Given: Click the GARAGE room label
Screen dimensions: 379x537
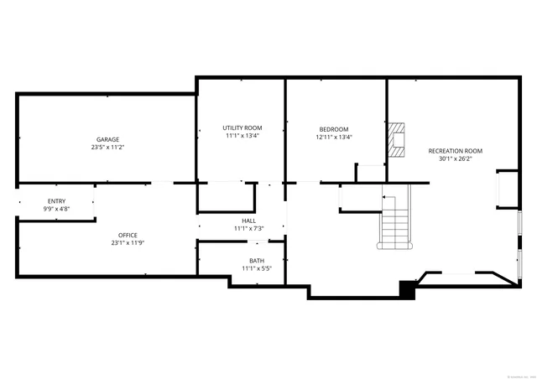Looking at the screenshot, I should pyautogui.click(x=107, y=139).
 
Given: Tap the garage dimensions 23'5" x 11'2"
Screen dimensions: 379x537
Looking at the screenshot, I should pyautogui.click(x=107, y=147).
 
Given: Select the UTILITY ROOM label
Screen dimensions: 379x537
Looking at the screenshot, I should pyautogui.click(x=242, y=127).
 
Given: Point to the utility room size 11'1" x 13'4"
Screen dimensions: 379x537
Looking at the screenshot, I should pyautogui.click(x=242, y=136).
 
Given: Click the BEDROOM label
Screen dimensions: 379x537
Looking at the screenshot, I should pyautogui.click(x=334, y=129).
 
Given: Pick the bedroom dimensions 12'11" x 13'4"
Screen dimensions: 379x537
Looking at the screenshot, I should pyautogui.click(x=334, y=138).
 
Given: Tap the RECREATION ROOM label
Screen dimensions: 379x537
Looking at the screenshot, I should pyautogui.click(x=456, y=151).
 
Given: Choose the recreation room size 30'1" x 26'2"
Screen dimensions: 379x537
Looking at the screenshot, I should pyautogui.click(x=456, y=158).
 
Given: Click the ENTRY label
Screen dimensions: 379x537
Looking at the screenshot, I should pyautogui.click(x=56, y=201).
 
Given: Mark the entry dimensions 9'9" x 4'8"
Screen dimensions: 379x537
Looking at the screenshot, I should pyautogui.click(x=56, y=209).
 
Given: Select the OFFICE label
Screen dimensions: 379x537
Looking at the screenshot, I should pyautogui.click(x=128, y=236).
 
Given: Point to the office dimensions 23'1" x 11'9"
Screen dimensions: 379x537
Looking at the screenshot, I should pyautogui.click(x=128, y=243).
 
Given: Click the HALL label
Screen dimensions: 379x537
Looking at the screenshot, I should pyautogui.click(x=249, y=221).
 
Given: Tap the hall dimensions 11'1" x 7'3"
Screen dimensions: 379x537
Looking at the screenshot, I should pyautogui.click(x=249, y=228).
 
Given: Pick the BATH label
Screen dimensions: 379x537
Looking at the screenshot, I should pyautogui.click(x=256, y=261).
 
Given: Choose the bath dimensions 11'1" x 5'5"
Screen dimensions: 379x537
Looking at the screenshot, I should pyautogui.click(x=256, y=269).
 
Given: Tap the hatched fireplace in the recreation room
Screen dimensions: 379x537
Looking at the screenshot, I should pyautogui.click(x=396, y=139).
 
